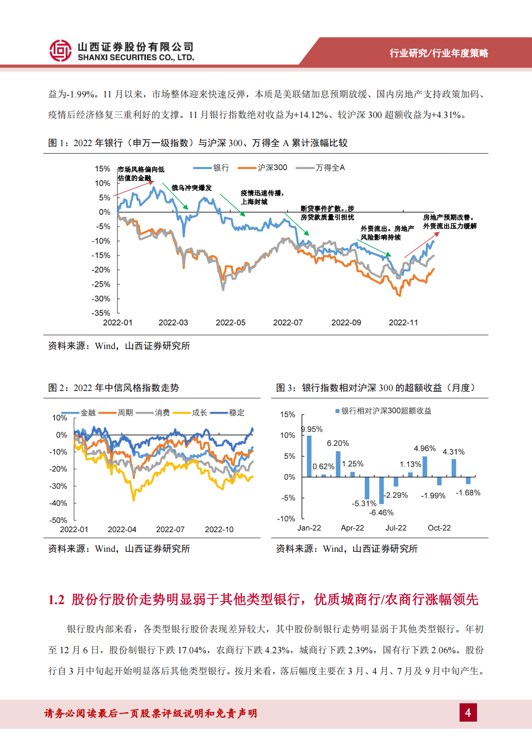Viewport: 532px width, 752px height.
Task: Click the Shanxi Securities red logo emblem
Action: (x=60, y=50)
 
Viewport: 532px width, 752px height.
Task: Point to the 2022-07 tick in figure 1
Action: (x=288, y=323)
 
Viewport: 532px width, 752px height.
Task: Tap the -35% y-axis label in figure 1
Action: (x=101, y=313)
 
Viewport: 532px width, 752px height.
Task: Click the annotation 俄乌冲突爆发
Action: (x=191, y=188)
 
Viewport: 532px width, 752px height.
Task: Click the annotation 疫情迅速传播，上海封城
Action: (x=262, y=197)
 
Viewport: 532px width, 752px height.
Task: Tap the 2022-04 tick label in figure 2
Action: (x=122, y=529)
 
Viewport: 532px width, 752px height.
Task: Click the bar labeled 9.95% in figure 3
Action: (x=309, y=456)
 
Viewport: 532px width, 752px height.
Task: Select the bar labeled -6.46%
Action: (x=381, y=490)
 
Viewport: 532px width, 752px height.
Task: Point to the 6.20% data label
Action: (x=338, y=443)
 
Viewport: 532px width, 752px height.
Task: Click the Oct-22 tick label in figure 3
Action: (x=439, y=528)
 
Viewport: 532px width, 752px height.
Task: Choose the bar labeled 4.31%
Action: (x=454, y=468)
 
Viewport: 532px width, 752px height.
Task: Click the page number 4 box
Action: (x=468, y=712)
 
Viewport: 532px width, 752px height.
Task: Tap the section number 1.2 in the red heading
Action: (x=56, y=600)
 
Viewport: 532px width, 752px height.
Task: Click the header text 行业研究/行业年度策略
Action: (x=439, y=53)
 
